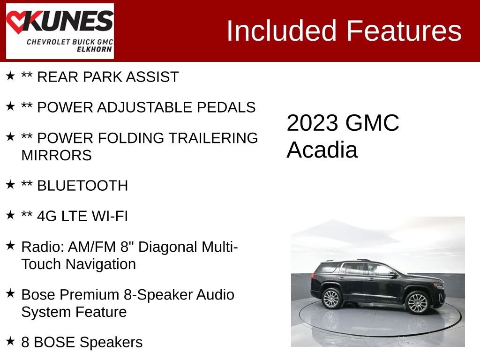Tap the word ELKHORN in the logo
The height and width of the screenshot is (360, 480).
[97, 49]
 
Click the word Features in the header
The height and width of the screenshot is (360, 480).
[404, 31]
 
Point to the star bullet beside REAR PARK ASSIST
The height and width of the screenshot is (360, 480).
[10, 76]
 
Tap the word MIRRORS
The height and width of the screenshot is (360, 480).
[56, 155]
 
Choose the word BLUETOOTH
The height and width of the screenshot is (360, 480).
[82, 186]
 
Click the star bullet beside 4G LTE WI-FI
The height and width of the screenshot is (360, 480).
[10, 215]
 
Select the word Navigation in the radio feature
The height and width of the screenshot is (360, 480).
[100, 264]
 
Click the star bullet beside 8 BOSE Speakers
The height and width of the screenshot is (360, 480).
[10, 341]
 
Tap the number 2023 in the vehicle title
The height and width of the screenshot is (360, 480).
[312, 123]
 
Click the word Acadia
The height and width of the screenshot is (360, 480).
[322, 150]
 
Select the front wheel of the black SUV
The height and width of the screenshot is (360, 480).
[417, 302]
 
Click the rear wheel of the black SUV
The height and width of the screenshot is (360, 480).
[332, 299]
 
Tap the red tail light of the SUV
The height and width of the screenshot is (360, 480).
[313, 276]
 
